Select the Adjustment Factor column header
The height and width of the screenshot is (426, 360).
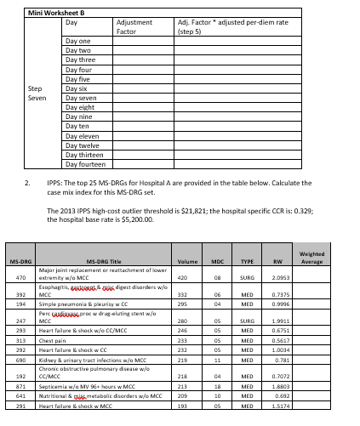pyautogui.click(x=133, y=26)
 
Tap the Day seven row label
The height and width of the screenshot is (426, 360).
pyautogui.click(x=83, y=98)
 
